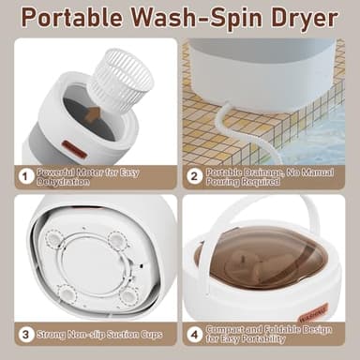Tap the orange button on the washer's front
click(x=75, y=148)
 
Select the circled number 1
click(x=26, y=175)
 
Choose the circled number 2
click(x=195, y=175)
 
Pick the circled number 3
click(x=26, y=332)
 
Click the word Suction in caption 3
click(x=120, y=332)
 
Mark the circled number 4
click(x=195, y=332)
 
